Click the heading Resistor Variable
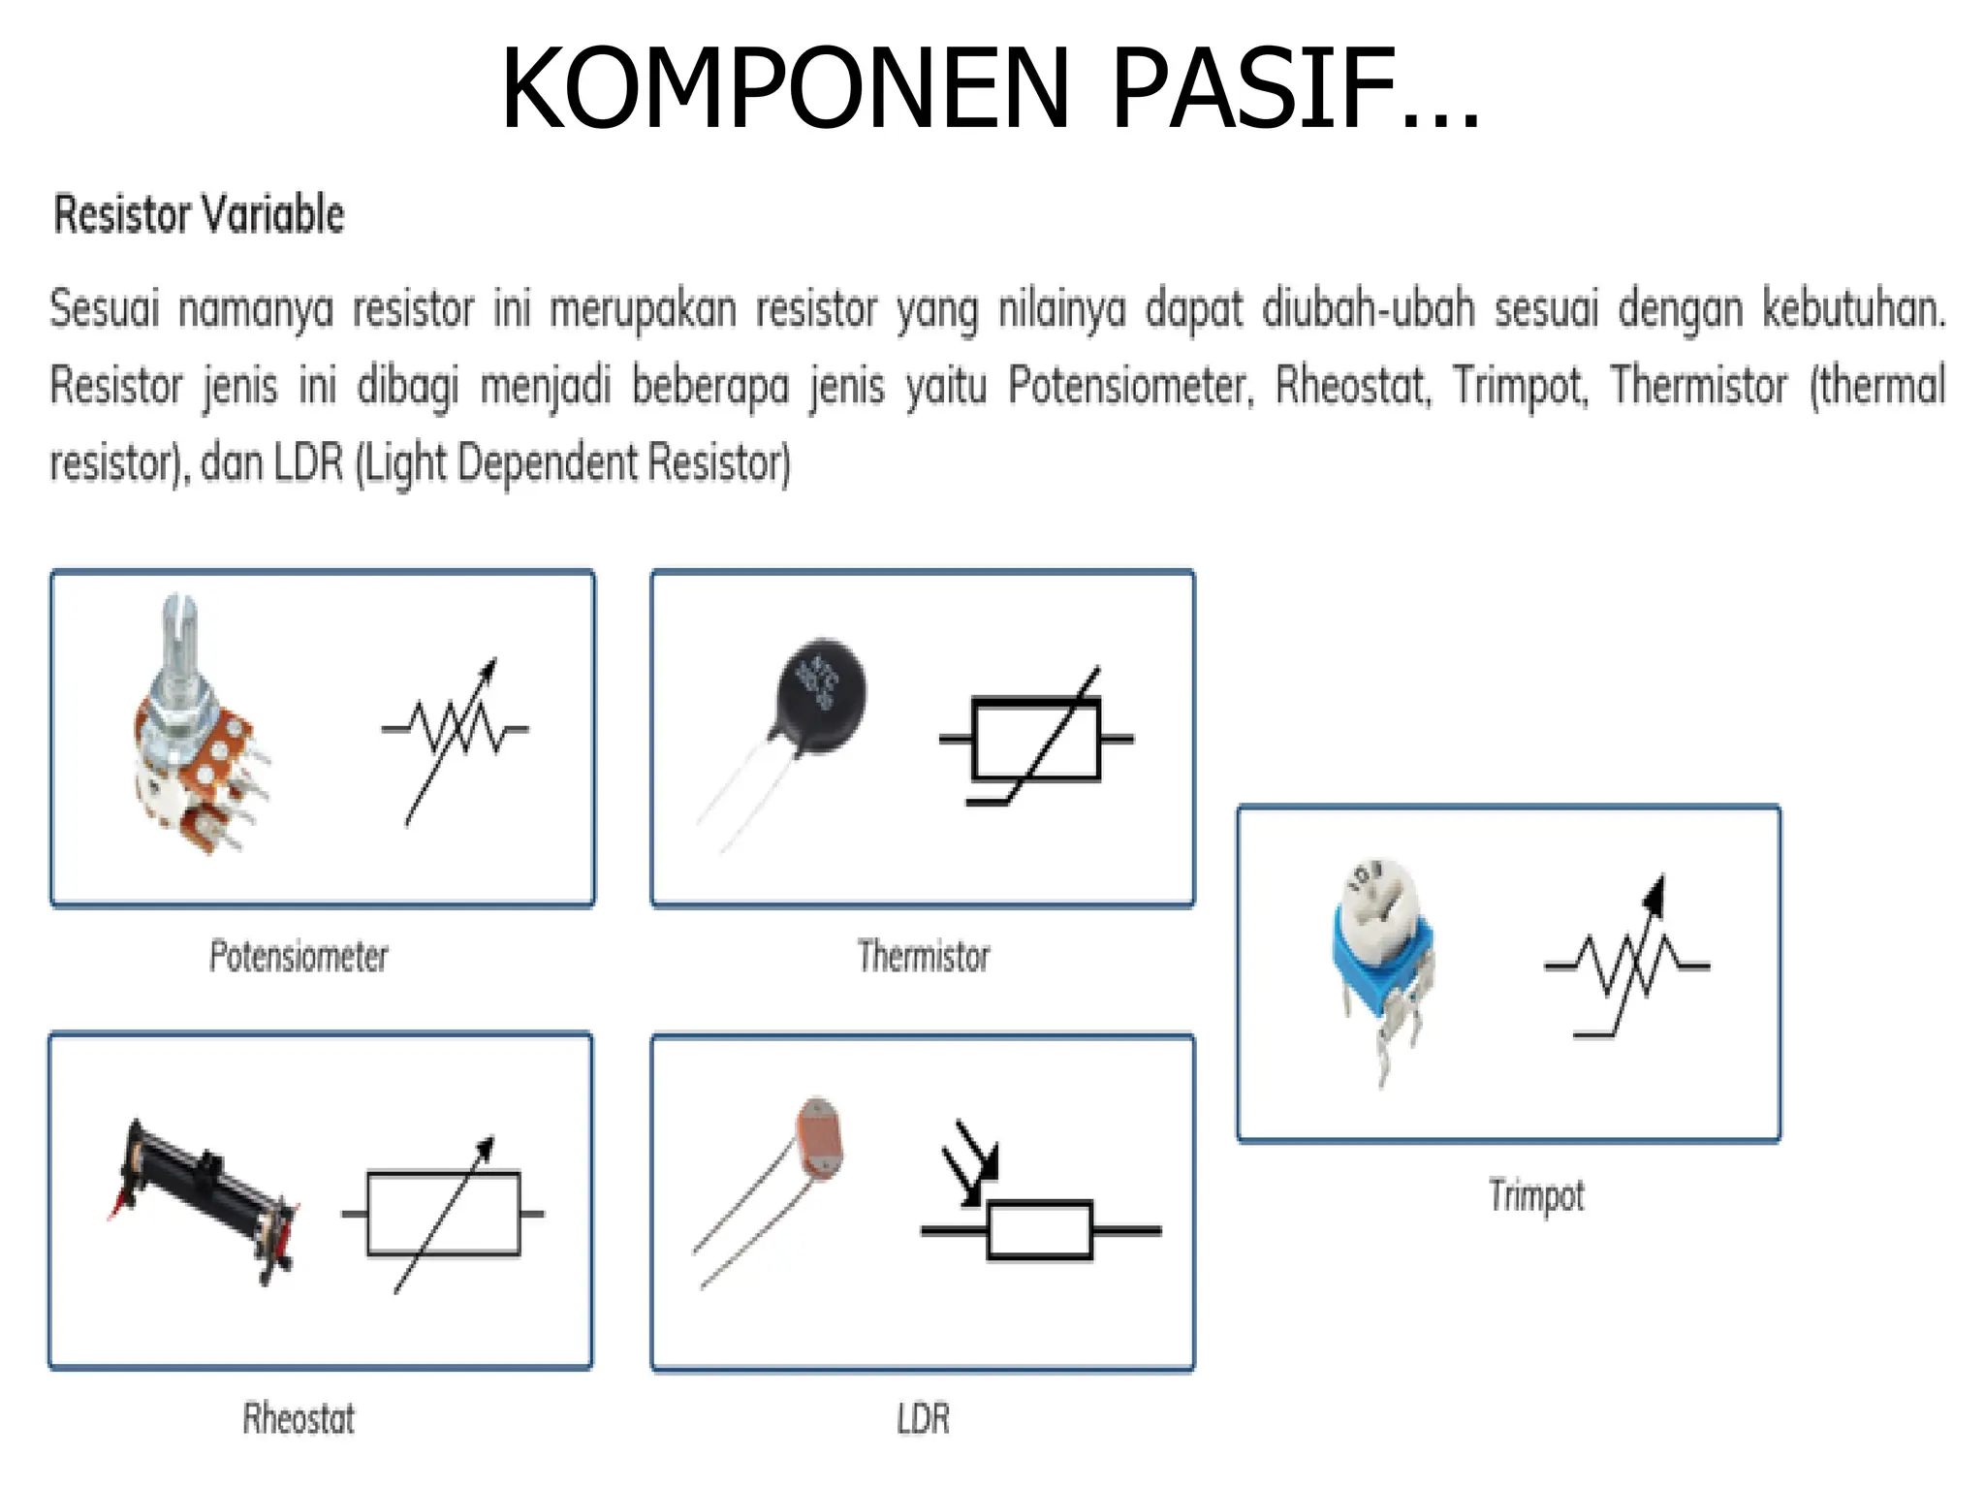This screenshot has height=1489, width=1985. click(x=199, y=214)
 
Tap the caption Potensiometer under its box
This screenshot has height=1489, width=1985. click(x=299, y=957)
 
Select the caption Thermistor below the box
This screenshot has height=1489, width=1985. click(x=924, y=957)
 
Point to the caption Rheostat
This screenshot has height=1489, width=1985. click(x=299, y=1419)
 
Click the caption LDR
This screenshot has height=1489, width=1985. click(x=923, y=1419)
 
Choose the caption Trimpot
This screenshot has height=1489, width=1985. click(x=1536, y=1195)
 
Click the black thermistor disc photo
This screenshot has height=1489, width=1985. click(x=821, y=695)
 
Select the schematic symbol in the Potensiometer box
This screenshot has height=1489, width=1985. click(x=455, y=734)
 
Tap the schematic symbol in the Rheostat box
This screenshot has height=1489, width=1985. click(x=444, y=1213)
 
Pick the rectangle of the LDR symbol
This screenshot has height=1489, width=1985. click(x=1040, y=1230)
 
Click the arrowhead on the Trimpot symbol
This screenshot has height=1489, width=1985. click(x=1655, y=894)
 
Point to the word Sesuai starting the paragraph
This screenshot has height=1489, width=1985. click(x=104, y=309)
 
